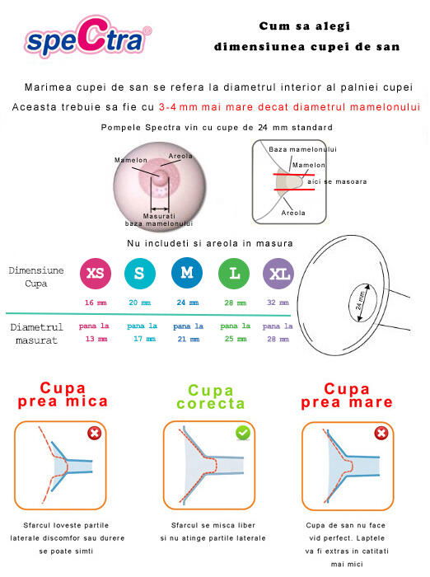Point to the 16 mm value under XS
(x=96, y=303)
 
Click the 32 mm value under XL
(x=278, y=303)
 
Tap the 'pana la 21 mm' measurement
(x=188, y=332)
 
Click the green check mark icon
(x=243, y=433)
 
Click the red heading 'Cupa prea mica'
(x=63, y=395)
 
